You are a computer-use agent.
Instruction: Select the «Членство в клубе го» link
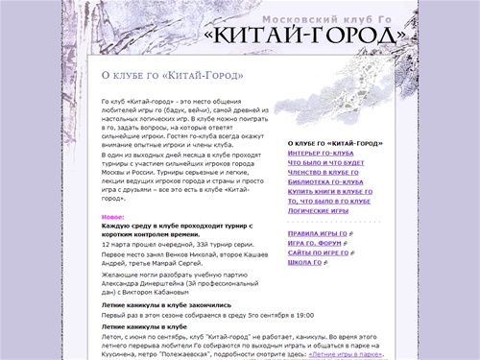(327, 173)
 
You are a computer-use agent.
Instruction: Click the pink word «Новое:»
(112, 217)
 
